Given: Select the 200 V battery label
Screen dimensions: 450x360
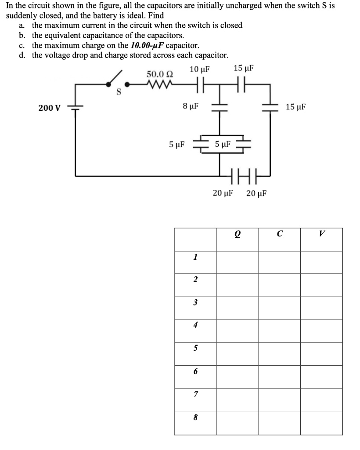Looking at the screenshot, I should coord(49,108).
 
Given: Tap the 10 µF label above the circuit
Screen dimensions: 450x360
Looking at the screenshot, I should coord(200,69).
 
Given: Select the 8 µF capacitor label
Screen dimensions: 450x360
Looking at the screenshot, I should coord(191,106).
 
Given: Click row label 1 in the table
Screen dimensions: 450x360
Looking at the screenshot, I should coord(195,257).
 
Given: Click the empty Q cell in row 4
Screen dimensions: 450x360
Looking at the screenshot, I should coord(237,325).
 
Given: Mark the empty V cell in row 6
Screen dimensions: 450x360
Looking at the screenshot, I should coord(321,371).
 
